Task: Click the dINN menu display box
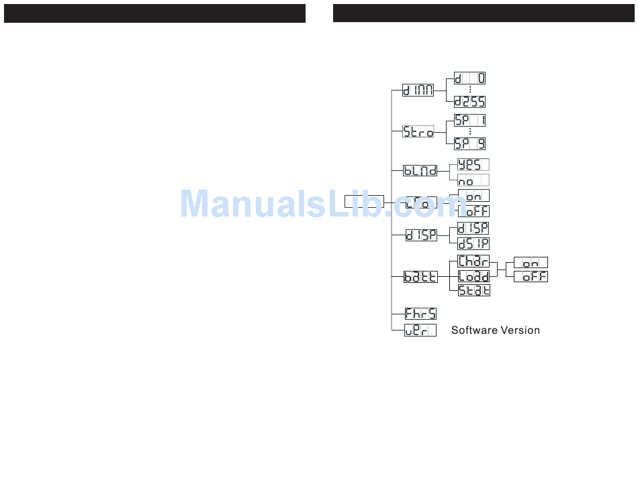[x=418, y=90]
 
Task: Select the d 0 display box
[x=470, y=78]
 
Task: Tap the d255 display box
[x=470, y=102]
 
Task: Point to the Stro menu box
[x=418, y=131]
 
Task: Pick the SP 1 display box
[x=470, y=120]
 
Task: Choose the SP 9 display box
[x=470, y=143]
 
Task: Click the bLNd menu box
[x=420, y=170]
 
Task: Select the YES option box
[x=473, y=164]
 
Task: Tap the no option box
[x=473, y=180]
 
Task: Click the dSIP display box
[x=473, y=243]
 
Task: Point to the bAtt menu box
[x=420, y=276]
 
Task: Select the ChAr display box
[x=473, y=261]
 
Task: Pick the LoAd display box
[x=473, y=276]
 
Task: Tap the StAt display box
[x=473, y=290]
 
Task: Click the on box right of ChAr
[x=531, y=262]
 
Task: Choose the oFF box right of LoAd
[x=531, y=276]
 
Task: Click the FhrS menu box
[x=420, y=313]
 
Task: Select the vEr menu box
[x=420, y=329]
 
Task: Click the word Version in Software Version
[x=518, y=330]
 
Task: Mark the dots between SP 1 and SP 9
[x=470, y=131]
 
